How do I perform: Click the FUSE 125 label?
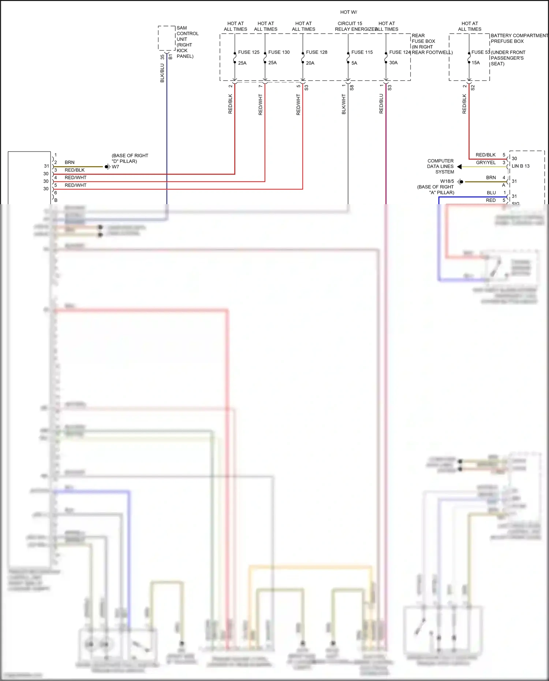tap(249, 52)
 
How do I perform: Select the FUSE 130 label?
tap(279, 52)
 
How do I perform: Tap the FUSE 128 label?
tap(317, 52)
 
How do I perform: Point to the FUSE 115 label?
tap(362, 52)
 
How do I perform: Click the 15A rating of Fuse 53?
tap(475, 63)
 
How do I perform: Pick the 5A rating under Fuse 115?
tap(354, 63)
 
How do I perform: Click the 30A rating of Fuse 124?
tap(393, 63)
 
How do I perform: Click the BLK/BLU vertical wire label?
tap(162, 73)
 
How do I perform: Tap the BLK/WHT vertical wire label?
tap(344, 104)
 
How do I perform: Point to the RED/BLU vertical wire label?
tap(381, 104)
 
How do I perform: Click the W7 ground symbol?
tap(107, 167)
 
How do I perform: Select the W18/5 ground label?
tap(447, 181)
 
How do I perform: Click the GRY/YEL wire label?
tap(486, 162)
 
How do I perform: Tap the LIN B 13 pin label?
tap(520, 166)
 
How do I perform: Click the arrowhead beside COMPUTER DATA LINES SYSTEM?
tap(459, 167)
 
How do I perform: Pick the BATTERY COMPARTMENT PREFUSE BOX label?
tap(519, 38)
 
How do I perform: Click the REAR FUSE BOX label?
tap(423, 38)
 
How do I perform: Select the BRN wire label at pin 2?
tap(70, 162)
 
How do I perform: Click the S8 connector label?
tap(352, 88)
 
